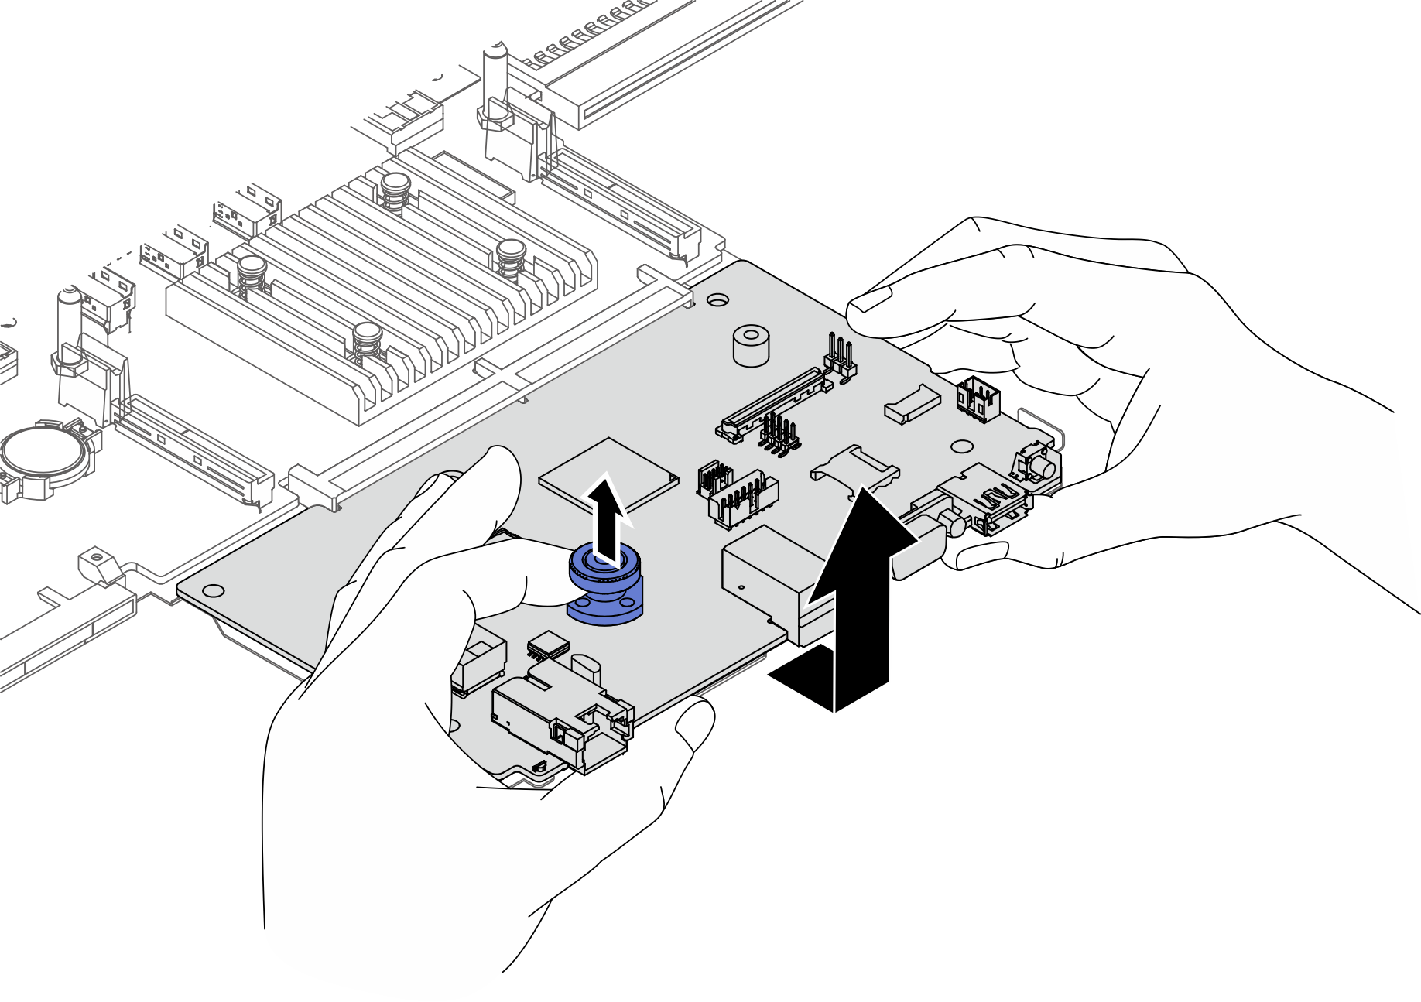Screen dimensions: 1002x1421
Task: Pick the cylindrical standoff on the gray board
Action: point(750,345)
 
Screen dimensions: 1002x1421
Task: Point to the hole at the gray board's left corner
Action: point(214,591)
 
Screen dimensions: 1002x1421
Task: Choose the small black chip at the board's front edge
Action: point(548,644)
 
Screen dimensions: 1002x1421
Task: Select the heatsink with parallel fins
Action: point(387,294)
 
